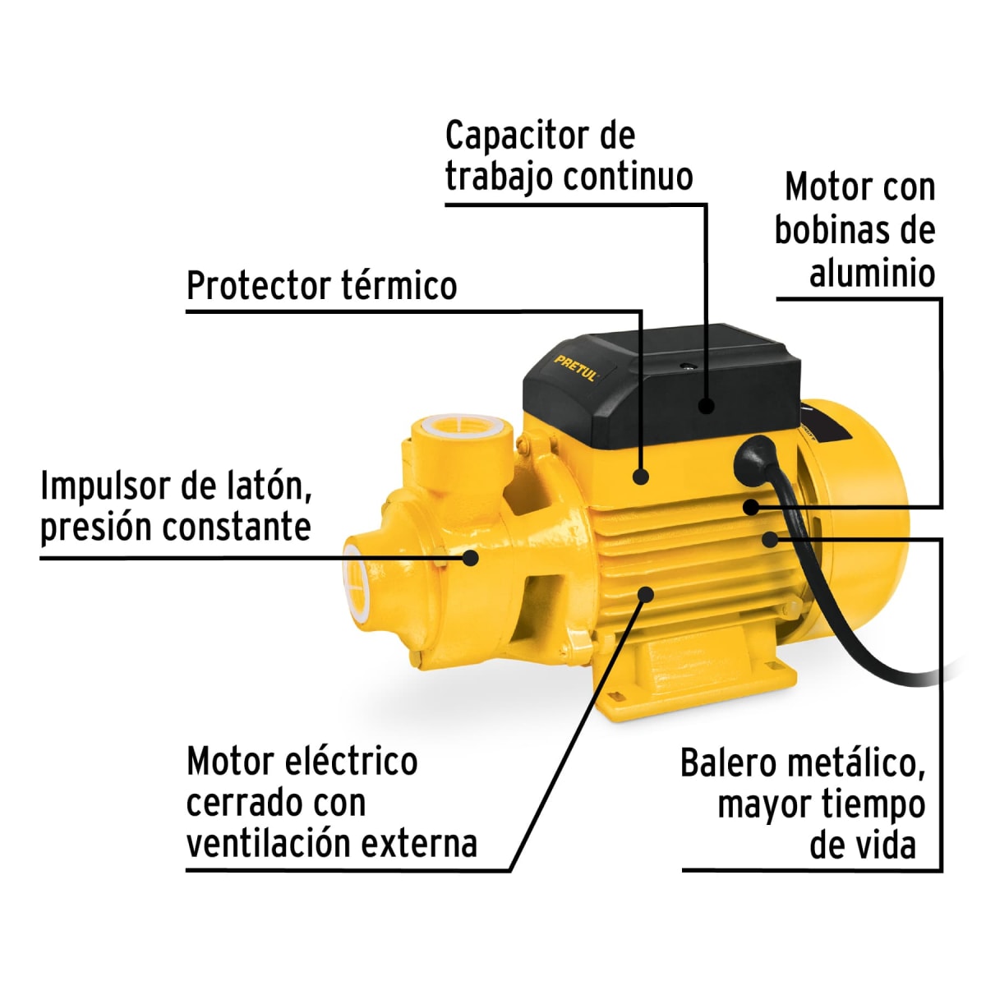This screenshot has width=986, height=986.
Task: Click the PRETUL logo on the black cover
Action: coord(577,367)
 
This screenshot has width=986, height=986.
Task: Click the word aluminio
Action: coord(872,273)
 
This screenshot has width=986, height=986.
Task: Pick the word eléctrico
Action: coord(351,762)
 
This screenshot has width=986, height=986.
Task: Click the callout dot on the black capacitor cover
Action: coord(706,405)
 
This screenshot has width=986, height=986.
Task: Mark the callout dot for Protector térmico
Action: coord(641,475)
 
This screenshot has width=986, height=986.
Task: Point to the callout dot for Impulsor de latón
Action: coord(470,557)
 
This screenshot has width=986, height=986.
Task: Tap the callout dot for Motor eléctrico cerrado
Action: coord(646,593)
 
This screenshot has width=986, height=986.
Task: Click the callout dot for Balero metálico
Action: coord(770,539)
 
